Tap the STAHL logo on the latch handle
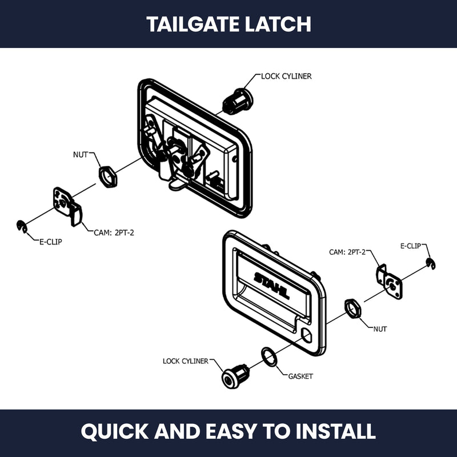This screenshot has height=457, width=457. (x=272, y=285)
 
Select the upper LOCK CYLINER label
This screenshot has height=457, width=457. (x=286, y=77)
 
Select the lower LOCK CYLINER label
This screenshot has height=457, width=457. (x=186, y=361)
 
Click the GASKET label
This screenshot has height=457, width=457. (x=300, y=376)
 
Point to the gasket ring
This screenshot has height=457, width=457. (x=269, y=356)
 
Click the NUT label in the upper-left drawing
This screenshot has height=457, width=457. (x=80, y=155)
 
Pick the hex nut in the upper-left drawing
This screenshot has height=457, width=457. (x=108, y=177)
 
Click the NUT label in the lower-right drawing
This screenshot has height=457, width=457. (x=380, y=329)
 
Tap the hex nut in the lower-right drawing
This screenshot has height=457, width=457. (x=353, y=308)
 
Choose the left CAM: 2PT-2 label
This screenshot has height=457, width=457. (x=114, y=233)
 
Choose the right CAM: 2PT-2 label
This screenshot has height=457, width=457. (x=347, y=252)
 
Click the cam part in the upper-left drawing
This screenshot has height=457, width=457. (x=67, y=206)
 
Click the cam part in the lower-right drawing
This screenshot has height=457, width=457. (x=389, y=282)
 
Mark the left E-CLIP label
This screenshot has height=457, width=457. (x=51, y=242)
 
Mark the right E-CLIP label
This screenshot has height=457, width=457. (x=411, y=246)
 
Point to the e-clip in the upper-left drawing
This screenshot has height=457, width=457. (x=22, y=227)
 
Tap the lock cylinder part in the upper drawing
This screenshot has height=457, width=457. (x=238, y=101)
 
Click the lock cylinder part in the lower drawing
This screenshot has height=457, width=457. (x=235, y=376)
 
